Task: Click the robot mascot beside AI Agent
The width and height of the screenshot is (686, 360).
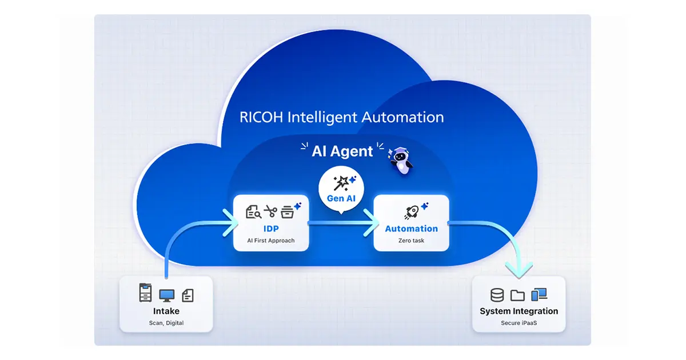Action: coord(401,159)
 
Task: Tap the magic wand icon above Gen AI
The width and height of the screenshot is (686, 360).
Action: coord(342,183)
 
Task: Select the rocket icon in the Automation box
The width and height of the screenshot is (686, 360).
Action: coord(411,212)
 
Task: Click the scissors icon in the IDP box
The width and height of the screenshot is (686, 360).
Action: coord(270,212)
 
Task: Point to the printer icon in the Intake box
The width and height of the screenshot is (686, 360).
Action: coord(146,293)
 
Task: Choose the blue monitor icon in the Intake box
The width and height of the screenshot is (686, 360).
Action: coord(166,295)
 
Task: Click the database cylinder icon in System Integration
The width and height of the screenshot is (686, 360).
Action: coord(497,295)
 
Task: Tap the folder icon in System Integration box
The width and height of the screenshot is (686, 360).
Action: coord(517,295)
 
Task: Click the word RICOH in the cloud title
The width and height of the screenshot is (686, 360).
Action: coord(261,118)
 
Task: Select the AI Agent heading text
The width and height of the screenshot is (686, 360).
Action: coord(342,151)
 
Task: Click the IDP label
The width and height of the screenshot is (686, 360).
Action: coord(271,229)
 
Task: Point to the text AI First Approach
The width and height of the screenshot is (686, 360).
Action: coord(271,241)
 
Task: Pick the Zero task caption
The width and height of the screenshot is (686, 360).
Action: coord(411,241)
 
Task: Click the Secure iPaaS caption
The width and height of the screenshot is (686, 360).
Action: coord(519,323)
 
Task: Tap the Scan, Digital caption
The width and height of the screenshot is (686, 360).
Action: coord(166,323)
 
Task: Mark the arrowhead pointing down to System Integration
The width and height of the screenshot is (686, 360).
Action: coord(520,269)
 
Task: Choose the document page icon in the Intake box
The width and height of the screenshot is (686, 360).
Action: coord(188,295)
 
